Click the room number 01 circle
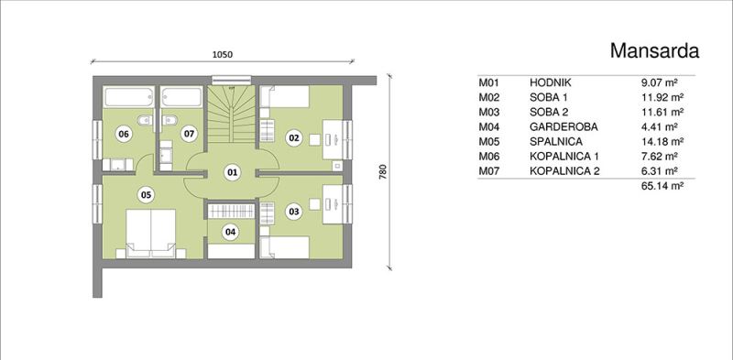click(231, 172)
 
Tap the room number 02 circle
click(294, 138)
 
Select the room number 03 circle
click(294, 212)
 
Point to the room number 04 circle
click(231, 232)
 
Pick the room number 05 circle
click(147, 195)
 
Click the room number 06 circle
click(124, 135)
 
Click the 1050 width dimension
click(223, 54)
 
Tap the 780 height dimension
click(382, 172)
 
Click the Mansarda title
click(654, 50)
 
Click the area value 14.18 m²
click(662, 141)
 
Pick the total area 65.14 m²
click(662, 186)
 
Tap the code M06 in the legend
click(489, 156)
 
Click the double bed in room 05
click(150, 233)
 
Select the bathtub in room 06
click(128, 97)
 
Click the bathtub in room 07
click(181, 97)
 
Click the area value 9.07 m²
click(660, 82)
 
